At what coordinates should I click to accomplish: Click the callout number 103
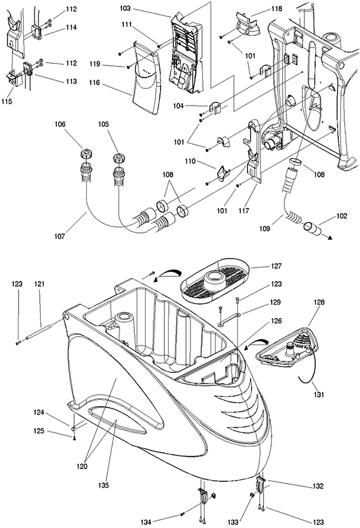(x=125, y=8)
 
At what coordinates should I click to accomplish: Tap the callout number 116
(x=95, y=83)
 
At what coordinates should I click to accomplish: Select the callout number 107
(x=59, y=236)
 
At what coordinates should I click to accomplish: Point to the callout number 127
(x=276, y=266)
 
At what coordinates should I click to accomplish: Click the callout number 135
(x=104, y=485)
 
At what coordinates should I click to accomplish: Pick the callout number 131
(x=318, y=394)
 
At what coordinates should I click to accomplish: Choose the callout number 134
(x=146, y=522)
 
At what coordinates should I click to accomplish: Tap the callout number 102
(x=341, y=216)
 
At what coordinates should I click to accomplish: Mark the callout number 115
(x=6, y=101)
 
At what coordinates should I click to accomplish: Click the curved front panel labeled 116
(x=146, y=78)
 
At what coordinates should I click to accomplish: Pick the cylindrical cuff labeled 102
(x=313, y=228)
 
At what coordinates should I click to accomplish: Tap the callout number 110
(x=190, y=161)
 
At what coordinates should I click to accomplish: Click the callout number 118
(x=277, y=8)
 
